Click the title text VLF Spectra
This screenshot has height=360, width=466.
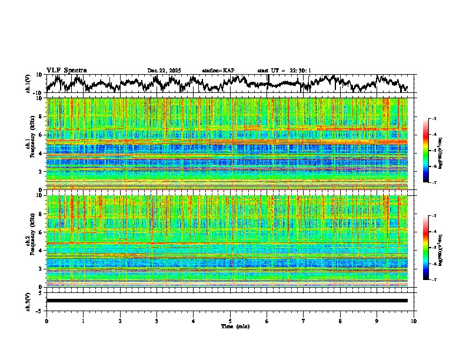point(66,71)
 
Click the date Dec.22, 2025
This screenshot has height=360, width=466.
point(164,71)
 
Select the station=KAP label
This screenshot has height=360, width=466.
point(218,71)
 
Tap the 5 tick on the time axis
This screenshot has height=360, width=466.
point(230,321)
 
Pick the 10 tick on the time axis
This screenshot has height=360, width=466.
point(414,321)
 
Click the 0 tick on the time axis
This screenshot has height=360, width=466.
point(46,321)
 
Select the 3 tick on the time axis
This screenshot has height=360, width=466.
point(157,321)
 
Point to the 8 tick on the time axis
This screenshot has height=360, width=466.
point(340,321)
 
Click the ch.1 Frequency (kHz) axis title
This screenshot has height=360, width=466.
point(31,144)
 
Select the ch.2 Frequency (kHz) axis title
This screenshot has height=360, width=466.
point(31,241)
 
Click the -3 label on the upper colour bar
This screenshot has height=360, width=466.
point(434,119)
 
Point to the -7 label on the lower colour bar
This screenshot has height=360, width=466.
point(434,280)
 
